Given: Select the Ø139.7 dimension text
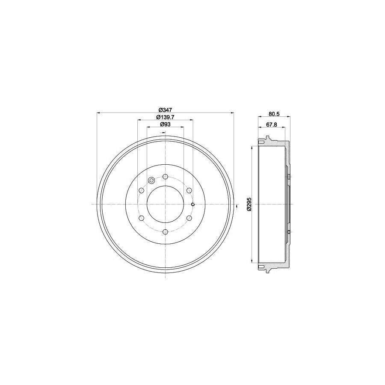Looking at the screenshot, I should [165, 117].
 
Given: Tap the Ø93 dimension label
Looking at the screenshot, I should [165, 124].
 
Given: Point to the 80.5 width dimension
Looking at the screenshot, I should [274, 114].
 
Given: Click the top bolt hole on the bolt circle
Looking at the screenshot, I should [165, 176].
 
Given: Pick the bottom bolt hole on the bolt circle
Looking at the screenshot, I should [165, 232].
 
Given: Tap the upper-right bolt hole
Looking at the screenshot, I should [189, 190].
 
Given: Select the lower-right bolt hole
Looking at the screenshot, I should [189, 218].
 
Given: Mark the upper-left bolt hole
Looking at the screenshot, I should [141, 190].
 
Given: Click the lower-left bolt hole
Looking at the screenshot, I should [141, 218].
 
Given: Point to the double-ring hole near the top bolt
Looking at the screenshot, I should [151, 180].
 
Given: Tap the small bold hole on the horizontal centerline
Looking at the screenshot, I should [193, 204].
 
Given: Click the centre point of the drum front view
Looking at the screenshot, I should [165, 204].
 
